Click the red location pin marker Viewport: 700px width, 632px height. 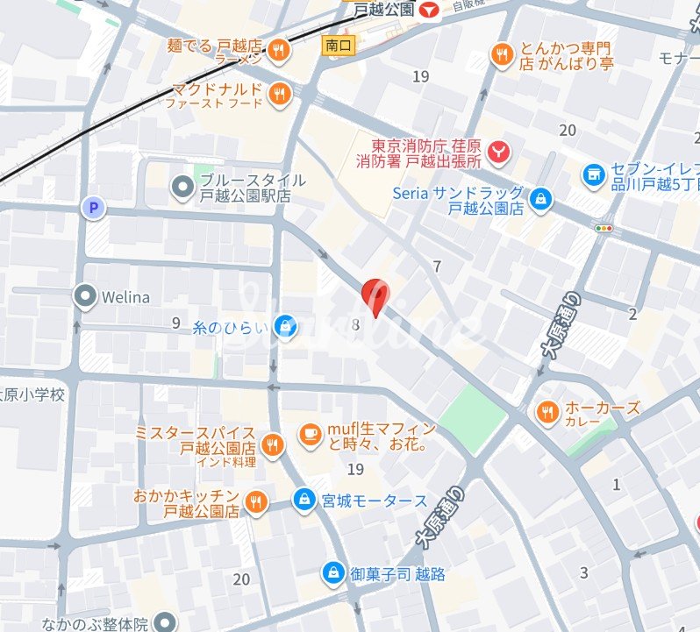coord(375,296)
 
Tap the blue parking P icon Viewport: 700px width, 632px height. coord(91,208)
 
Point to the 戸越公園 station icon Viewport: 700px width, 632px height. coord(429,11)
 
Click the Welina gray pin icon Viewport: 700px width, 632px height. coord(85,297)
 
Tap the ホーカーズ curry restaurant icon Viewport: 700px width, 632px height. coord(546,410)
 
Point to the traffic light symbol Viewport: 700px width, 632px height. coord(604,229)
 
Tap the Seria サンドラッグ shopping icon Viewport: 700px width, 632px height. coord(542,199)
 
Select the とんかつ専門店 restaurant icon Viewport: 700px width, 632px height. coord(502,54)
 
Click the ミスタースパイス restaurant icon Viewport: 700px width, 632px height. coord(273,445)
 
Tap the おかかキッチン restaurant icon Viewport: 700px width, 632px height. coord(256,502)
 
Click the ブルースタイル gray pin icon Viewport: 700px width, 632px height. coord(182,187)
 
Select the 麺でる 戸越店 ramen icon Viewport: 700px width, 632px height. coord(279,50)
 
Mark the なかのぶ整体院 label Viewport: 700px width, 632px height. coord(96,624)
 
